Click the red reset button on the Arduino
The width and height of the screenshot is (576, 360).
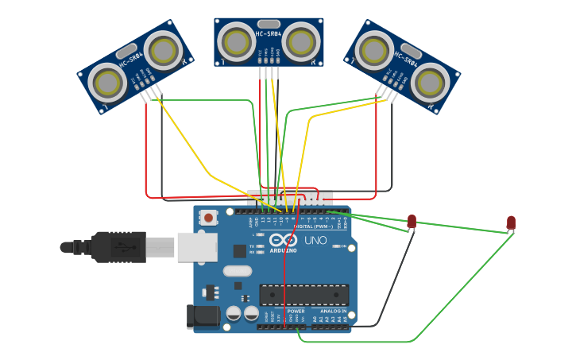(x=208, y=216)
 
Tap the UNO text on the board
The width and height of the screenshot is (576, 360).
(x=315, y=240)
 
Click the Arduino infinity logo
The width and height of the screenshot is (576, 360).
(x=283, y=240)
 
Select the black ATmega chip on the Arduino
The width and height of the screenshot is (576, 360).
(x=303, y=295)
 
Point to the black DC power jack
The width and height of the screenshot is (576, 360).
(x=203, y=315)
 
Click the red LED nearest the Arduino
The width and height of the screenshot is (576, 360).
(x=412, y=220)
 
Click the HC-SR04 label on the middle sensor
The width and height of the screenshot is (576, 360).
(x=269, y=34)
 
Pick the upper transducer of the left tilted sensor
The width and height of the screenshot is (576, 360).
(x=163, y=49)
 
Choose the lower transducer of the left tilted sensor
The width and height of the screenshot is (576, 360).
(x=106, y=82)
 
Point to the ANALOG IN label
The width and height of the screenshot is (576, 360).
(x=333, y=312)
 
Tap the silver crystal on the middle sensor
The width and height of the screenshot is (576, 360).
(x=269, y=24)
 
